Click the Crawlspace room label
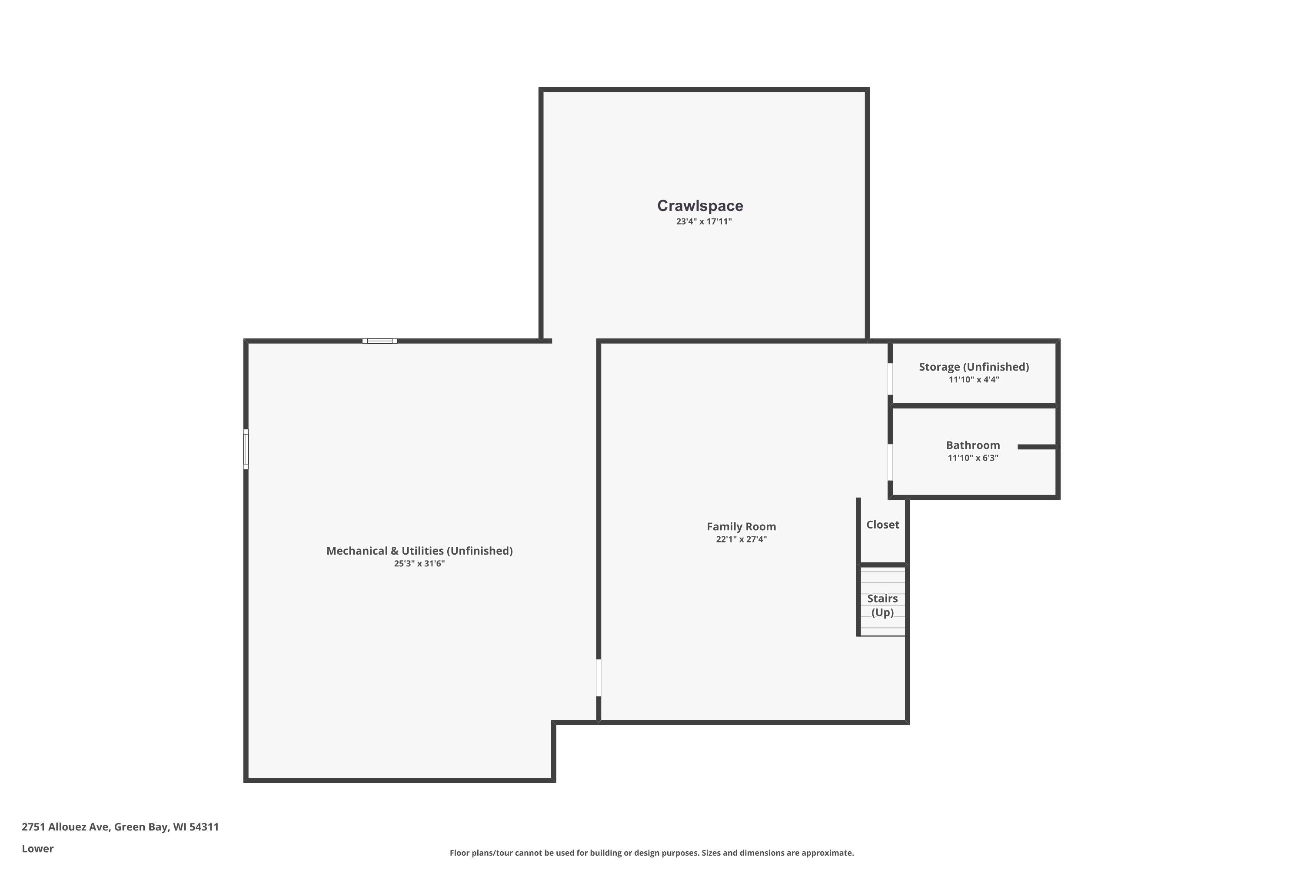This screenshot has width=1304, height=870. [700, 206]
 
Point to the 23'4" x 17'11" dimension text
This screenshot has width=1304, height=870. [704, 221]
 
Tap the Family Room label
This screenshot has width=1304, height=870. [741, 526]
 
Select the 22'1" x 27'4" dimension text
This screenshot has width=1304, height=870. [741, 539]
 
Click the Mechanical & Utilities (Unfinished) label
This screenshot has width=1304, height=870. [419, 551]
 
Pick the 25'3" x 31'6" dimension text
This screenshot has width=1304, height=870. [419, 564]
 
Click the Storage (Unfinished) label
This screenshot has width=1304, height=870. [974, 367]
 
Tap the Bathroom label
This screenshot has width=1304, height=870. [973, 445]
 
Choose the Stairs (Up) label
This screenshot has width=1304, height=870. [882, 606]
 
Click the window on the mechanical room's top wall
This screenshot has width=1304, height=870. [380, 341]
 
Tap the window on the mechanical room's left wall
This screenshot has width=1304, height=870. [246, 449]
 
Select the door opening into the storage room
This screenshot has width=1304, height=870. [890, 378]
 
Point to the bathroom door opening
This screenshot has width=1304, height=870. [890, 462]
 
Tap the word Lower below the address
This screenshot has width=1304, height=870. [38, 848]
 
